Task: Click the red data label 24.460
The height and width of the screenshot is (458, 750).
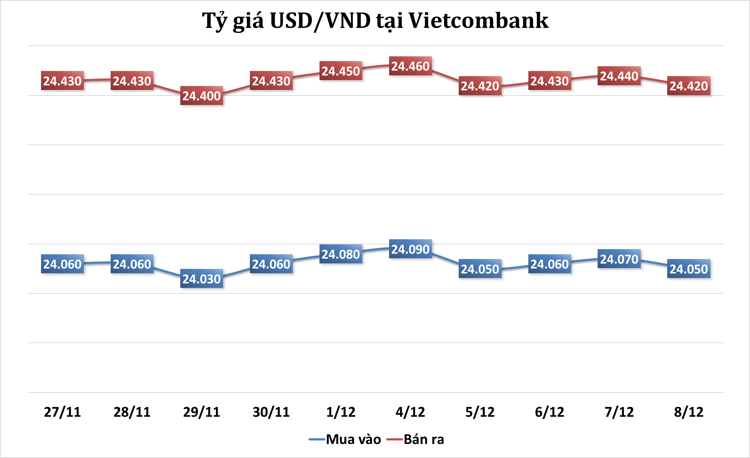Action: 410,66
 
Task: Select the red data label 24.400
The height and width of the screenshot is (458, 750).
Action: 202,96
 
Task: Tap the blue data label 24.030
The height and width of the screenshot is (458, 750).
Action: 202,279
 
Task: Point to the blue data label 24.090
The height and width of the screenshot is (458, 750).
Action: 410,249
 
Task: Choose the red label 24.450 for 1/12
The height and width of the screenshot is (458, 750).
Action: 341,71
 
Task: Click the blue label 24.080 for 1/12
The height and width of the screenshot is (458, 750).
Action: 341,254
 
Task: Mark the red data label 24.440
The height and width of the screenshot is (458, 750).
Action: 619,76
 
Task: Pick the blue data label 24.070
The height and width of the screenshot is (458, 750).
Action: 619,259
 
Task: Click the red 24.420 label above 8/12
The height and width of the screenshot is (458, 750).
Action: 689,86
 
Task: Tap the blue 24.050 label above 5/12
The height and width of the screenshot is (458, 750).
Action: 480,269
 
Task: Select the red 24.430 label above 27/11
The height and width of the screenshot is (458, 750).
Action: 62,81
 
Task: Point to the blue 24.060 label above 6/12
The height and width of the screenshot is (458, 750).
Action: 550,264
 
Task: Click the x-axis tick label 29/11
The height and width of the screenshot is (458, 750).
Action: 202,412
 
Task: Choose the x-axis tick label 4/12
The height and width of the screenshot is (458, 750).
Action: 410,412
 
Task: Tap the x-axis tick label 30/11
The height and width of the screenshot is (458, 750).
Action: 271,412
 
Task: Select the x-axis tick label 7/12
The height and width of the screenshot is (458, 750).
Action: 619,412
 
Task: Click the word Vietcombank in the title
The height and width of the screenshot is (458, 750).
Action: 478,21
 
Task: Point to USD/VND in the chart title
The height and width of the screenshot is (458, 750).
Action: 320,21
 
